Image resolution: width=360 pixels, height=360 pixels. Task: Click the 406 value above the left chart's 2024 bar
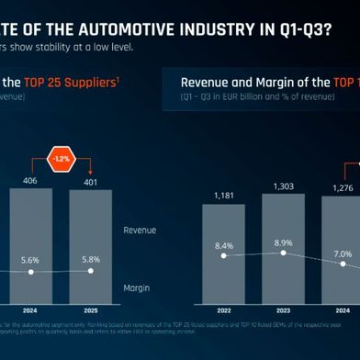[33, 180]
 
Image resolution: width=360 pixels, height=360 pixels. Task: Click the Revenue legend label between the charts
[140, 230]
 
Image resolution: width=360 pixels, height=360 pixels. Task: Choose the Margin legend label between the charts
[137, 287]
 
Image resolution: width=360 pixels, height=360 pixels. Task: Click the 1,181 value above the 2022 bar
[224, 196]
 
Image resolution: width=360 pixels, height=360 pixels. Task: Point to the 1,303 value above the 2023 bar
[283, 186]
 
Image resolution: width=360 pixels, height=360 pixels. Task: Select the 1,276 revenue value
[340, 189]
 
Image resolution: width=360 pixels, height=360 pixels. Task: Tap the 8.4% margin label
[224, 245]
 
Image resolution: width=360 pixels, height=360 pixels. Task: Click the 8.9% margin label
[283, 242]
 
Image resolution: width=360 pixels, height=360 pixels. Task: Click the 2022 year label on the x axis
[224, 309]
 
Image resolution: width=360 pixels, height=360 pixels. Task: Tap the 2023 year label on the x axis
[283, 309]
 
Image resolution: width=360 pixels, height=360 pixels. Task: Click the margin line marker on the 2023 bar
[284, 253]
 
